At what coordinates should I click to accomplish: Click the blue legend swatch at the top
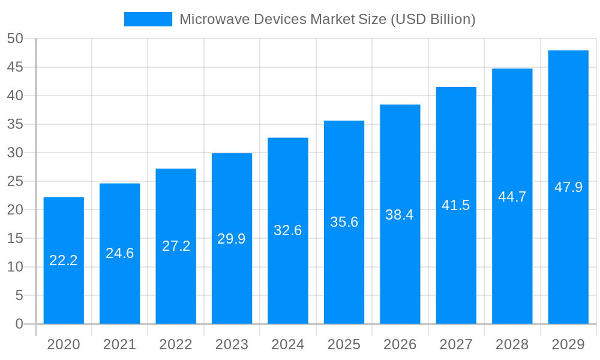point(148,19)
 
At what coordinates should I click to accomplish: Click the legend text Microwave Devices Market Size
point(327,19)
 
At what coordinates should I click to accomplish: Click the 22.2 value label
point(64,260)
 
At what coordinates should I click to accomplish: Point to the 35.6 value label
point(344,222)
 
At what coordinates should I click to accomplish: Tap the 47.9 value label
point(568,187)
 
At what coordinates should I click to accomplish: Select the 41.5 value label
point(456,205)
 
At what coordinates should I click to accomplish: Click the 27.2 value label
point(176,246)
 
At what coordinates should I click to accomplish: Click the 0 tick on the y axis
point(19,324)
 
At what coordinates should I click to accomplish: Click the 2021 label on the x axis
point(119,344)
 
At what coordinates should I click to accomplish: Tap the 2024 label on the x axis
point(288,344)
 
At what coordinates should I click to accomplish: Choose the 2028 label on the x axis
point(512,344)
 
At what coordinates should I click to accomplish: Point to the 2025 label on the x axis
point(344,344)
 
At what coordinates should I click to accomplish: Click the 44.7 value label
point(512,197)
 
